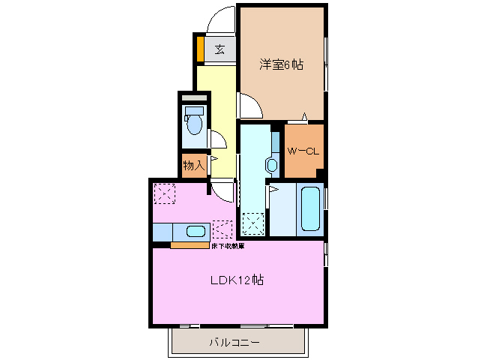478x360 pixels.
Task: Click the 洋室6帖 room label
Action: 282,65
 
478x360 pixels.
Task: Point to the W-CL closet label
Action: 303,151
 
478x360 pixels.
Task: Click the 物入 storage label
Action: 194,164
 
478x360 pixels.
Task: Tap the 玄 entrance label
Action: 220,50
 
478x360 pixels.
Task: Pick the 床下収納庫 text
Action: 227,246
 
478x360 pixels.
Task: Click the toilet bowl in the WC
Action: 194,121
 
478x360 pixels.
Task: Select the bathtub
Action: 311,208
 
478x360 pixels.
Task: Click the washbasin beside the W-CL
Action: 271,163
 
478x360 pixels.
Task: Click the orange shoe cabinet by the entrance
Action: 201,50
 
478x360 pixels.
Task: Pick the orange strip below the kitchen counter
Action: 190,245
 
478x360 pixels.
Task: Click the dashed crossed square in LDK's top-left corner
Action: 164,193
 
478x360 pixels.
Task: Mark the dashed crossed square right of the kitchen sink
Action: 223,229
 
